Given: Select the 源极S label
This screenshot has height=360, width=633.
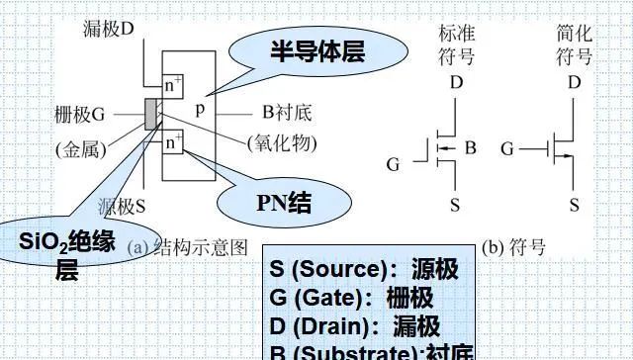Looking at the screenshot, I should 123,208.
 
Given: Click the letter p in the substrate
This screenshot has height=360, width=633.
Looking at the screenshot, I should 200,111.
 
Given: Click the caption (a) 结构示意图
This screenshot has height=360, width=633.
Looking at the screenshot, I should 187,247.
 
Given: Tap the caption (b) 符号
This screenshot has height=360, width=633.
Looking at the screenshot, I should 513,247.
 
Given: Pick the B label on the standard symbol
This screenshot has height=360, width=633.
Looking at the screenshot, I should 471,149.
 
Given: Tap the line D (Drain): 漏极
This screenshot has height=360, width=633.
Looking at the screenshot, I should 354,326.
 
